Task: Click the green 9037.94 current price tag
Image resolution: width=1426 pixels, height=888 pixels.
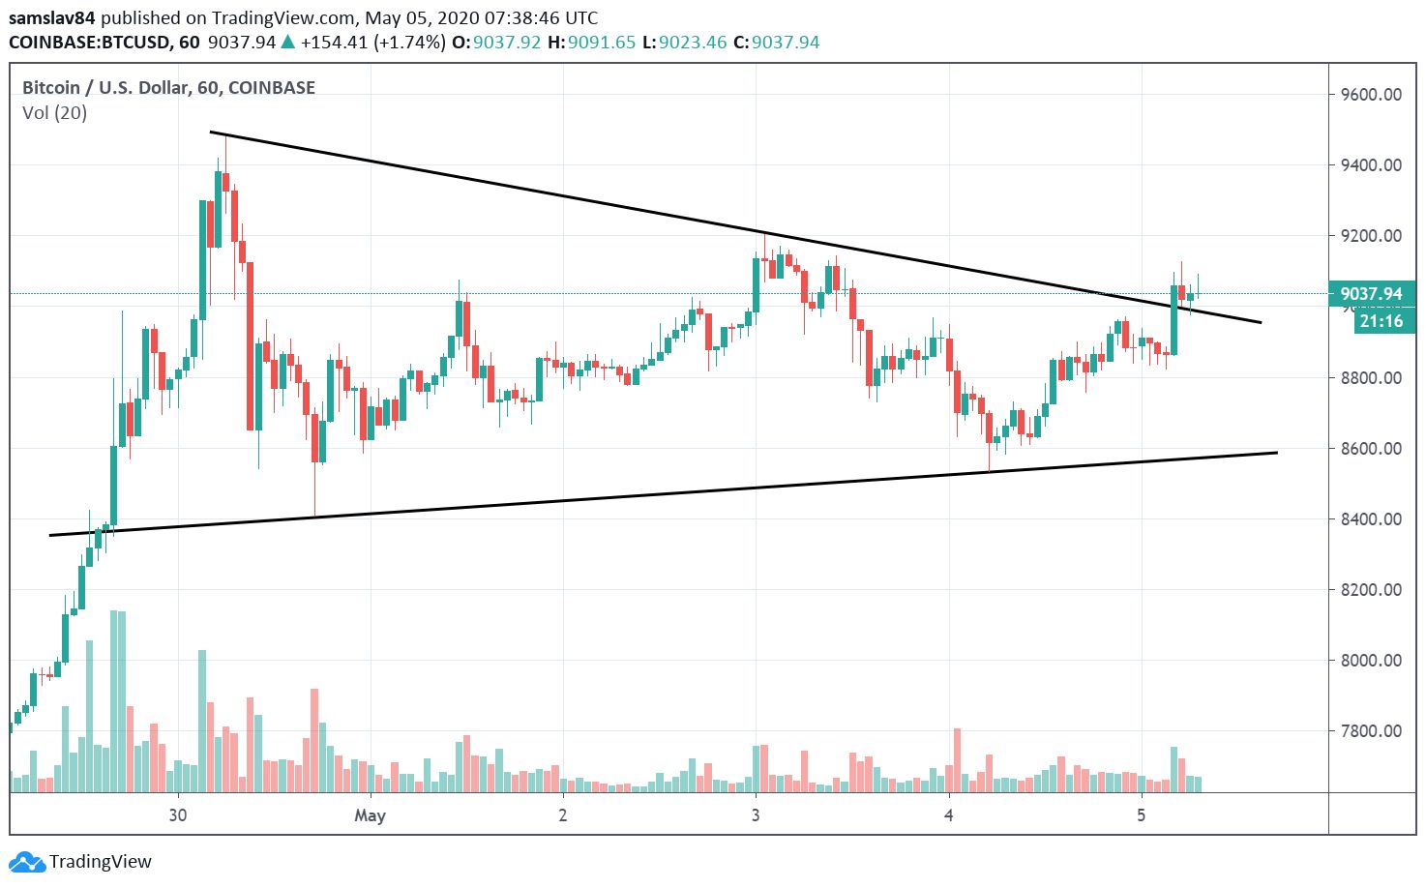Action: point(1371,294)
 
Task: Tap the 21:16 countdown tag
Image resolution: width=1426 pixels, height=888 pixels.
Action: point(1381,321)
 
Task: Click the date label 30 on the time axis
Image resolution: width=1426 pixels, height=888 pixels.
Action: point(177,814)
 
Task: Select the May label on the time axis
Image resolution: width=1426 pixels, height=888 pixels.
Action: point(370,815)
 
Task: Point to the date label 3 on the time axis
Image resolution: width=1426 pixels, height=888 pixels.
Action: point(756,814)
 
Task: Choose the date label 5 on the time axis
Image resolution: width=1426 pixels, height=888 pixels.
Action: point(1142,814)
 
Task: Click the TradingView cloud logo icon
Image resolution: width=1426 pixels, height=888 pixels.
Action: point(26,861)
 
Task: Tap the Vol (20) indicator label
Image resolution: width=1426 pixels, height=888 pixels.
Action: point(54,113)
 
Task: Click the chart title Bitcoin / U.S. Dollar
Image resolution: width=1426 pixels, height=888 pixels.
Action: point(106,88)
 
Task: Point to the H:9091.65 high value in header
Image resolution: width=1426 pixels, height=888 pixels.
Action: point(591,43)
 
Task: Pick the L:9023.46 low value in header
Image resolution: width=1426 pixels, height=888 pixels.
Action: point(684,43)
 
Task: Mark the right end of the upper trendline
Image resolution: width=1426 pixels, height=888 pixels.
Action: point(1262,322)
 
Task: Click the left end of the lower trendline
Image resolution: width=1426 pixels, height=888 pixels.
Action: point(50,535)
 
